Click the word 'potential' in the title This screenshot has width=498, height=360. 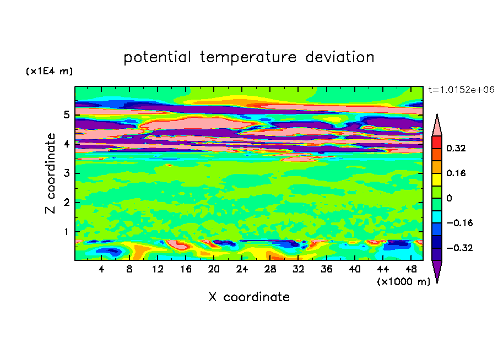(157, 58)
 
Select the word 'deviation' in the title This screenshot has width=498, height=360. (339, 57)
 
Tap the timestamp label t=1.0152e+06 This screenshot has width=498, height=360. (461, 90)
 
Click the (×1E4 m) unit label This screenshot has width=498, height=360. (49, 71)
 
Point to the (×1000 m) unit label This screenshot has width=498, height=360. (403, 281)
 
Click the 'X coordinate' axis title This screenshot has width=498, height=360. (249, 297)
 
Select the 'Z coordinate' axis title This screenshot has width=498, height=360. (50, 173)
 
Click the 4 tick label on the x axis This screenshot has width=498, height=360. (101, 269)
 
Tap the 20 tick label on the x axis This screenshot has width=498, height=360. (214, 269)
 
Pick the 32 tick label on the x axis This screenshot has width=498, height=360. (298, 269)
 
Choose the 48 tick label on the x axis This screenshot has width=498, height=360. (411, 269)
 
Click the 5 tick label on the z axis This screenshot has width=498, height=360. (66, 114)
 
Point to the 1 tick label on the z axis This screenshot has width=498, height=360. (66, 232)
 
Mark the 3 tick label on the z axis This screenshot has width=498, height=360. (66, 173)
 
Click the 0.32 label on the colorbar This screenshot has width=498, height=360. (456, 148)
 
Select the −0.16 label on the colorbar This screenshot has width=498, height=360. (459, 223)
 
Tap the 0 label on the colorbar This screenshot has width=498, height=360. (449, 198)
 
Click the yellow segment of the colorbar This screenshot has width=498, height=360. (437, 179)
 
